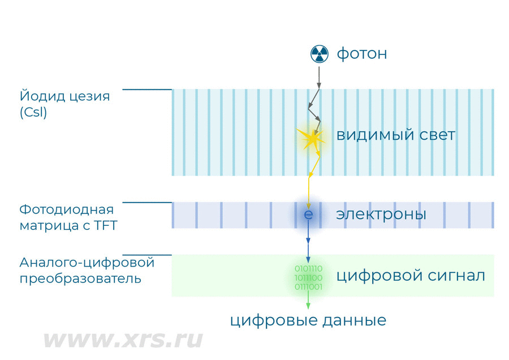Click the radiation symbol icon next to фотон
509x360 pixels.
point(319,54)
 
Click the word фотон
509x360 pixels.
point(362,54)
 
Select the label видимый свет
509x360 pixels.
point(395,136)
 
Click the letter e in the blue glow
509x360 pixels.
point(308,215)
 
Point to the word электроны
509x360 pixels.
point(381,215)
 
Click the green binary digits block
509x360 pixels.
point(308,278)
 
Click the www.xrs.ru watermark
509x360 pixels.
point(122,340)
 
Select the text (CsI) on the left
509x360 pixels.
point(33,113)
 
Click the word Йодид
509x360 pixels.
point(38,96)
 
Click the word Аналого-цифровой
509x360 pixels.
point(87,263)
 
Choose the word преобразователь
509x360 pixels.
point(80,279)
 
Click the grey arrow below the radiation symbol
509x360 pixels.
point(319,77)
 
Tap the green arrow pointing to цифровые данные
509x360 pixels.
point(308,301)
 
